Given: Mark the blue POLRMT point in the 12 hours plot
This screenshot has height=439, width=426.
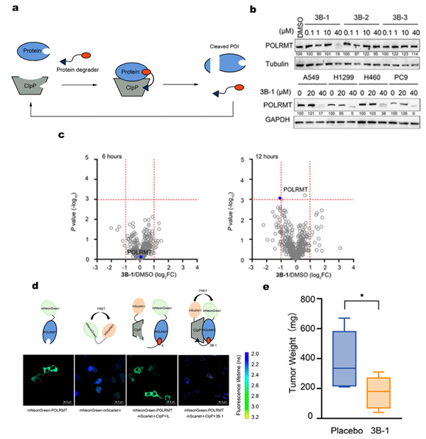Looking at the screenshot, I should (281, 198).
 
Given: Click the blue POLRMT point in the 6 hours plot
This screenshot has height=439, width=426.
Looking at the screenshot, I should (141, 256).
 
